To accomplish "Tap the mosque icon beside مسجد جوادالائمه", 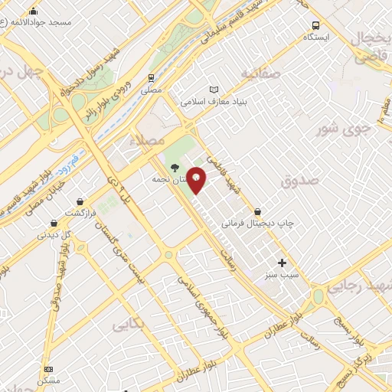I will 34,11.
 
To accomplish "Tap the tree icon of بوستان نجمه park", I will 175,167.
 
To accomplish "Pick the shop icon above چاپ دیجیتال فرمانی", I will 257,212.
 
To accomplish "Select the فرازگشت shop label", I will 80,212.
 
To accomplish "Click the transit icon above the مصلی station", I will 151,78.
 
